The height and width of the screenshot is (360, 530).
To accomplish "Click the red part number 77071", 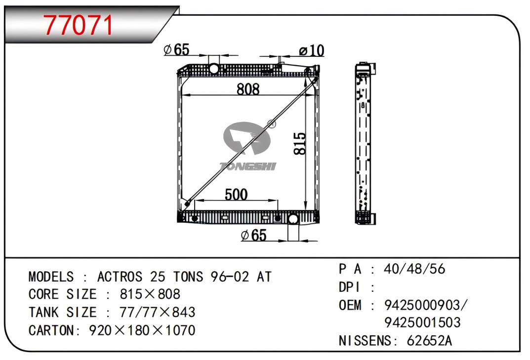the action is pyautogui.click(x=79, y=26).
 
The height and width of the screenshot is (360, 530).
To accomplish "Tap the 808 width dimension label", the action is pyautogui.click(x=248, y=89).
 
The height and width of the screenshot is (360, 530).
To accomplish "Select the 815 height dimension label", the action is pyautogui.click(x=300, y=144).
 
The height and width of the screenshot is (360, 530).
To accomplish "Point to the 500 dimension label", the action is pyautogui.click(x=236, y=195).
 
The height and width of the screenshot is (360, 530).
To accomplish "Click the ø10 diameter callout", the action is pyautogui.click(x=312, y=51).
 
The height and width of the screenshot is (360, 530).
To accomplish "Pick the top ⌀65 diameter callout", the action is pyautogui.click(x=176, y=50).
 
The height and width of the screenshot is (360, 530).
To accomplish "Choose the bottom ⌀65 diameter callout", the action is pyautogui.click(x=253, y=235).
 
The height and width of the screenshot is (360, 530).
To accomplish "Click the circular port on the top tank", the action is pyautogui.click(x=213, y=69).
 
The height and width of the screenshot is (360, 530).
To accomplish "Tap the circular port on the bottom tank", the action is pyautogui.click(x=293, y=219).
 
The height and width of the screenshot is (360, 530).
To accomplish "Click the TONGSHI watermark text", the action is pyautogui.click(x=248, y=166).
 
